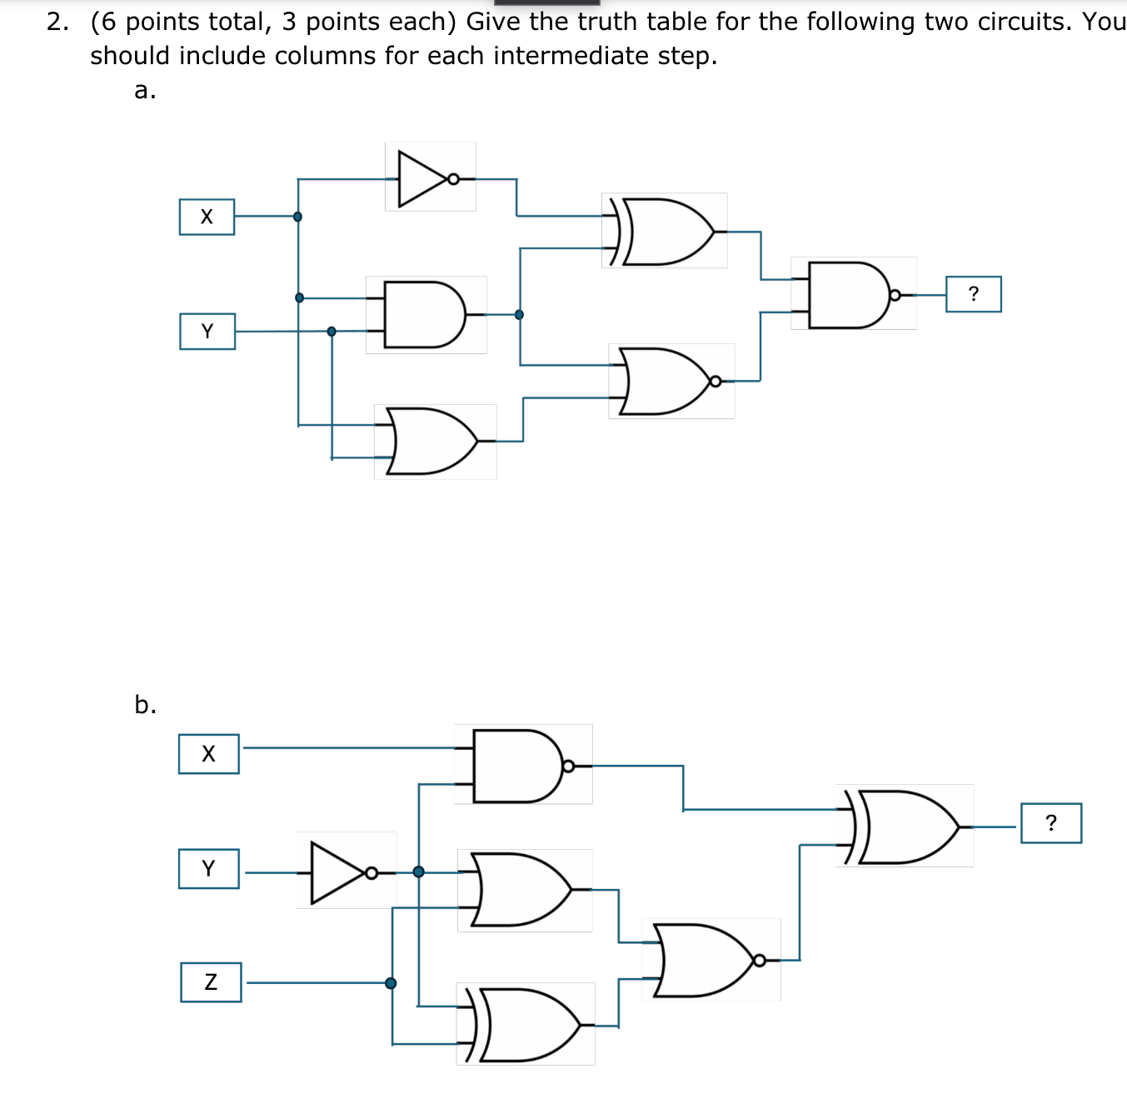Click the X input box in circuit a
pos(207,217)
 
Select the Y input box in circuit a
pos(207,332)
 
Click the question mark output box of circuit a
pos(973,294)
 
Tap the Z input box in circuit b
pos(211,982)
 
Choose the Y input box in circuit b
pos(208,869)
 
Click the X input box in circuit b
pos(208,754)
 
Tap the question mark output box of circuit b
pos(1050,823)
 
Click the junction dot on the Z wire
pos(391,983)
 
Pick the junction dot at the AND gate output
pos(519,315)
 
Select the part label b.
pos(145,705)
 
